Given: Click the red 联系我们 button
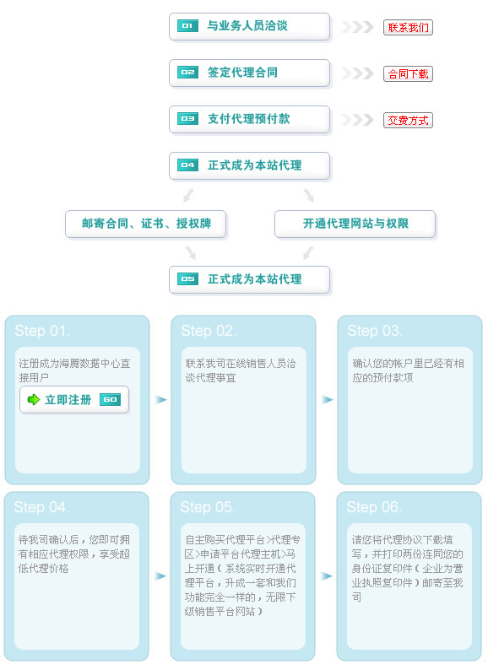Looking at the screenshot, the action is (x=408, y=27).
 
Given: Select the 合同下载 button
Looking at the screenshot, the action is (x=408, y=74).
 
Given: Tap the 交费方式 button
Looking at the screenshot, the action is (x=408, y=120).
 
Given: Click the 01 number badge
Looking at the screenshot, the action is (x=187, y=25).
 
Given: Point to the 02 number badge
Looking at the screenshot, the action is (x=187, y=73).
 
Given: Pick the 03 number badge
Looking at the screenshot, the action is (x=187, y=118).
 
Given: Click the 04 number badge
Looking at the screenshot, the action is (x=187, y=165).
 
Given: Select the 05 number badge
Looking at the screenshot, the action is (x=187, y=279).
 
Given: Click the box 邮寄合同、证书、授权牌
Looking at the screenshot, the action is (x=145, y=224).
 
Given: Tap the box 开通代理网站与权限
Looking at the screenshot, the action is (x=355, y=224).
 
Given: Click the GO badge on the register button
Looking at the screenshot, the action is (x=110, y=399).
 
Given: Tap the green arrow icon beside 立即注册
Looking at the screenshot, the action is (x=34, y=399).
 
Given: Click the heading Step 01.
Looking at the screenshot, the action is (x=42, y=331).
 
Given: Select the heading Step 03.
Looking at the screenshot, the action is (x=375, y=331).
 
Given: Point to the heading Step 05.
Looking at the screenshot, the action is (x=208, y=507).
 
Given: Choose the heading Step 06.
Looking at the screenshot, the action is (x=374, y=507).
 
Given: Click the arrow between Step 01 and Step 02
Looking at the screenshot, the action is (x=160, y=399).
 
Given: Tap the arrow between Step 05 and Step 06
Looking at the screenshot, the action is (x=327, y=576).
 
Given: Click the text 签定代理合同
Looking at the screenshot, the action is (x=242, y=73).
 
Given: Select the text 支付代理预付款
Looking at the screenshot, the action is (x=248, y=118).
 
